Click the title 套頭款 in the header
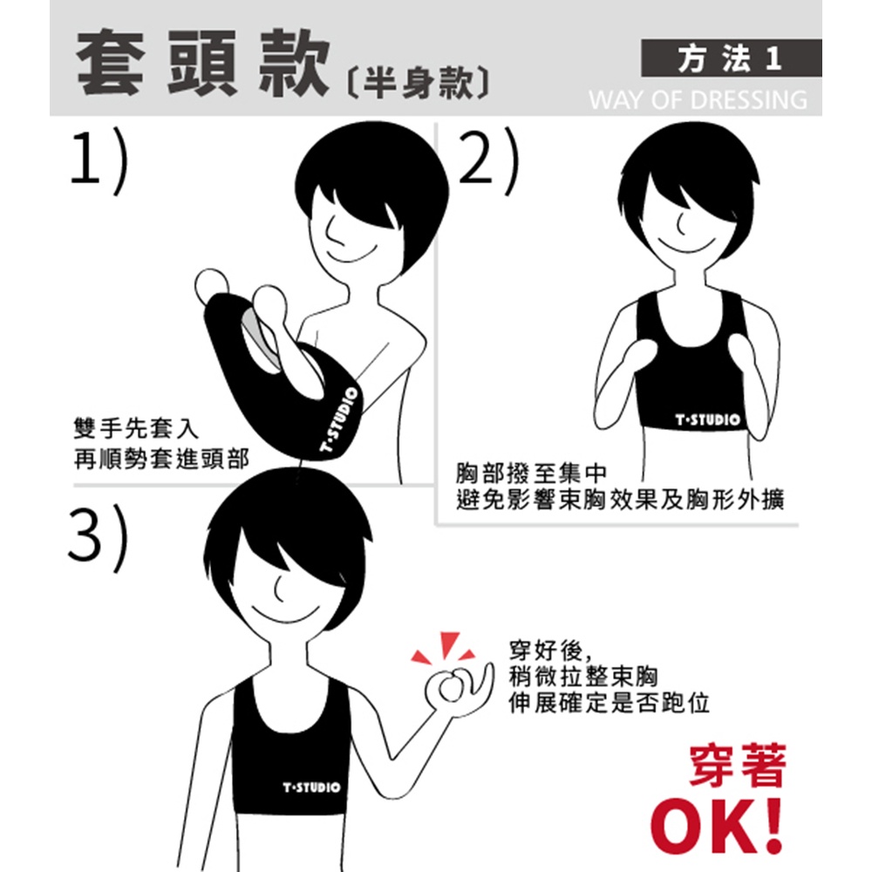tap(203, 64)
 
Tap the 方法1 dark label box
tap(731, 58)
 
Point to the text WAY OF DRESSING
tap(698, 100)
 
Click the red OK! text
tap(718, 826)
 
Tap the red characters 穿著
tap(738, 766)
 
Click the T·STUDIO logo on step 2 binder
tap(707, 419)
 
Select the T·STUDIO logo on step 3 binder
tap(311, 787)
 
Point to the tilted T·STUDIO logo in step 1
tap(339, 420)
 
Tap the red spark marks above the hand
tap(444, 648)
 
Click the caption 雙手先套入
tap(136, 428)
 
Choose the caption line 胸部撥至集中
tap(531, 473)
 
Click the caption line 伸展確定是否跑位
tap(609, 703)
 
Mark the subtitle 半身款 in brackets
tap(419, 84)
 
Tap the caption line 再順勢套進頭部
tap(161, 459)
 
